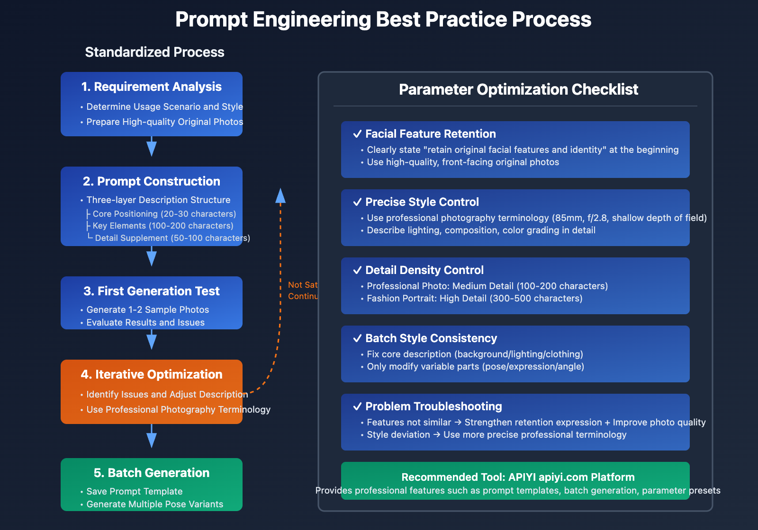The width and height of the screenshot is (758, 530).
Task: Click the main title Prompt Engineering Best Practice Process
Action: click(383, 20)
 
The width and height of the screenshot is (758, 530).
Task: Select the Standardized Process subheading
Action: click(154, 52)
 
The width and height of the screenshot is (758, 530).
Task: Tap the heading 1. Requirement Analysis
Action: click(152, 87)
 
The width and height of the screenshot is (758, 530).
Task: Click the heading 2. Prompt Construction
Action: click(152, 181)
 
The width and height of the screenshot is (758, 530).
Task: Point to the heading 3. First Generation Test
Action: click(152, 291)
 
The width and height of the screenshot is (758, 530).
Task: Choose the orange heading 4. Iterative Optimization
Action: click(152, 374)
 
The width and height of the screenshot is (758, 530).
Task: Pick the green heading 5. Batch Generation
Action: click(152, 473)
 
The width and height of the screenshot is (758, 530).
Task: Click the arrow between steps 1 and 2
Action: click(152, 147)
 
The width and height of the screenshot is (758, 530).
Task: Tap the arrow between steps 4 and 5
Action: click(152, 437)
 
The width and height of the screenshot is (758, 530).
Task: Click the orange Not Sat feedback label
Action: click(303, 285)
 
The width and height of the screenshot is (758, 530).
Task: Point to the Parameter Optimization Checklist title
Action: click(518, 89)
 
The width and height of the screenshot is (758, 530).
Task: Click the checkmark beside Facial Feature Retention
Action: click(358, 134)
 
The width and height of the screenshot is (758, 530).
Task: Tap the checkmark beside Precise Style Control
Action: click(358, 202)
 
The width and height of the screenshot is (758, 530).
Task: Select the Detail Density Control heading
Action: click(424, 270)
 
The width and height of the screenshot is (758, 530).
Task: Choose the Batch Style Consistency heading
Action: click(431, 338)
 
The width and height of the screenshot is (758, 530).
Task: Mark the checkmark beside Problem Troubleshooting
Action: click(358, 406)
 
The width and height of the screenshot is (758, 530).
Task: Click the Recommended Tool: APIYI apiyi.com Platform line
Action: click(518, 477)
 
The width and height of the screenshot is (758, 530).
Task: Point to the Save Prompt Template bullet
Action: click(135, 492)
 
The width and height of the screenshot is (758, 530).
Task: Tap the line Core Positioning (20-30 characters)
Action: click(164, 214)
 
